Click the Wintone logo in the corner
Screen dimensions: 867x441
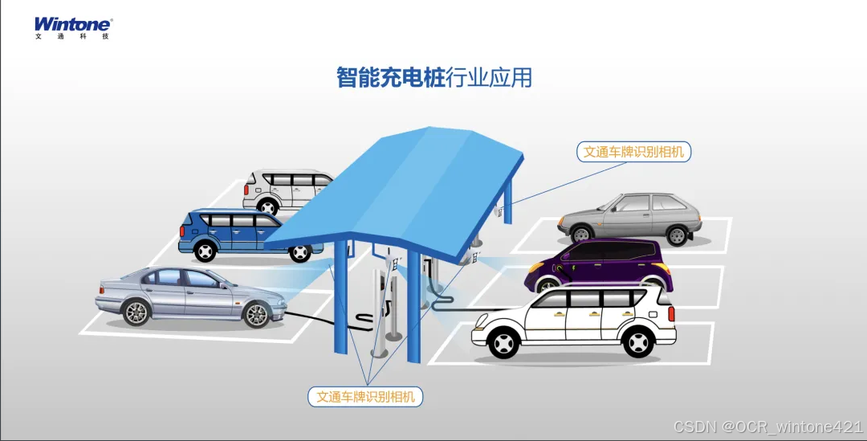[72, 24]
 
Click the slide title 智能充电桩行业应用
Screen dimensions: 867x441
[433, 78]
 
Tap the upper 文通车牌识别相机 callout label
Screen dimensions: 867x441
[633, 152]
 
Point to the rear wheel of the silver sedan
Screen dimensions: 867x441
[136, 312]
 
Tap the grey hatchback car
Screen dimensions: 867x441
[630, 217]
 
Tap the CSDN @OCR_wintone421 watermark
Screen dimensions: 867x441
[768, 426]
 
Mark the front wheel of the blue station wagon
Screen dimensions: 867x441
[299, 253]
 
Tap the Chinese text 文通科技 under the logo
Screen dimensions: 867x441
[72, 37]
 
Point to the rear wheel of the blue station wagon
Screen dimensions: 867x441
[206, 251]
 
